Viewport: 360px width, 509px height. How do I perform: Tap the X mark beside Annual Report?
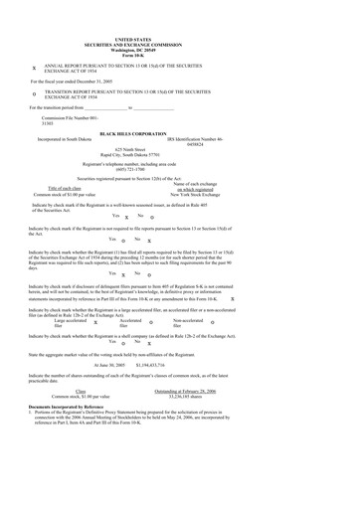pos(34,71)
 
